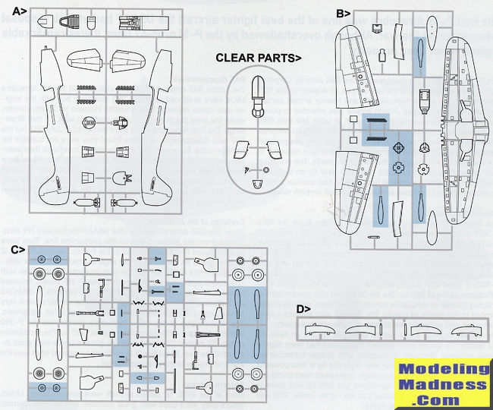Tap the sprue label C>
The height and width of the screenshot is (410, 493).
(x=19, y=248)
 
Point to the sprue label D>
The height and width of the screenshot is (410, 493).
(x=302, y=308)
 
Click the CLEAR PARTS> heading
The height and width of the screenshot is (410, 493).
(x=259, y=57)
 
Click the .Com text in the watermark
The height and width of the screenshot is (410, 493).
(x=444, y=399)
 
